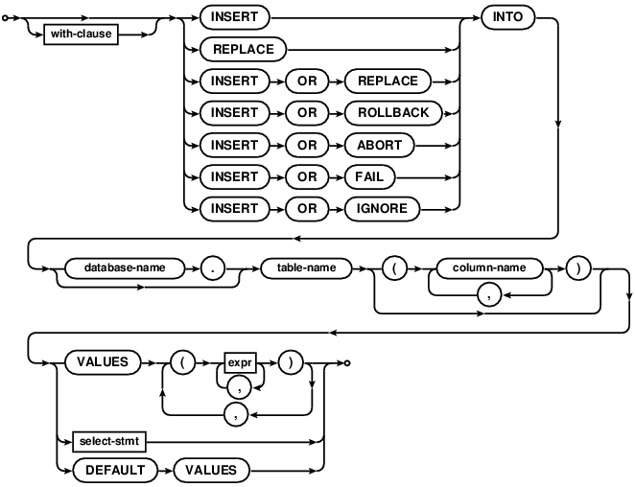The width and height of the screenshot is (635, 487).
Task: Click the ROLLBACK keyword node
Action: [x=387, y=113]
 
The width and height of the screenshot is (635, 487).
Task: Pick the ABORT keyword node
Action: [x=373, y=145]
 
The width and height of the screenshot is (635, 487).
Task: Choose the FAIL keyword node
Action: [x=364, y=176]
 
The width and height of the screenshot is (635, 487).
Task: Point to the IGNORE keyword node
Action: [x=376, y=208]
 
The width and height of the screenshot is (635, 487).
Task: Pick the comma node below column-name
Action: [x=489, y=298]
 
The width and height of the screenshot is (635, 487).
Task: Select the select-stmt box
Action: [x=108, y=442]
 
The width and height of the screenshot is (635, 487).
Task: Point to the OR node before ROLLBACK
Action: [x=306, y=113]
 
